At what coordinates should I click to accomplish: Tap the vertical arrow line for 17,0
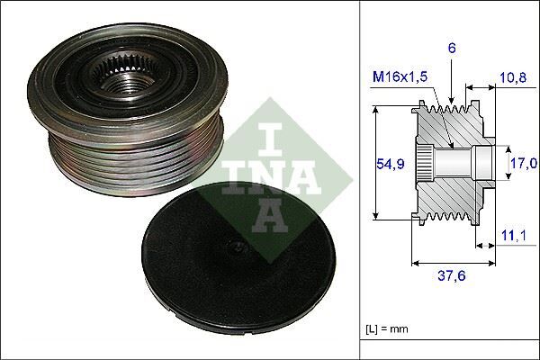(x=500, y=164)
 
